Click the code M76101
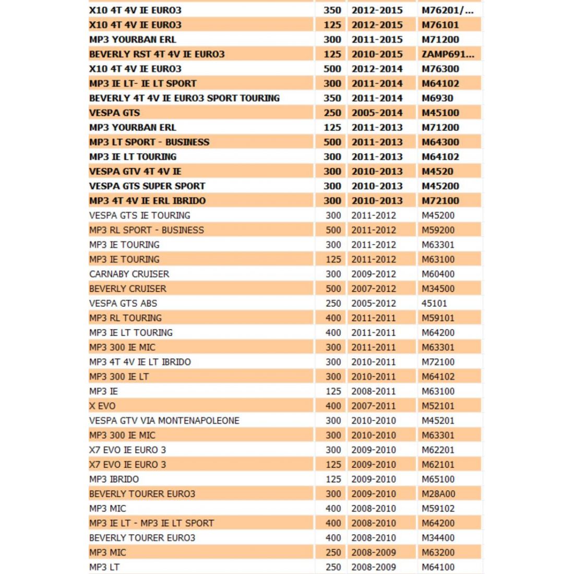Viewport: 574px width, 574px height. [440, 25]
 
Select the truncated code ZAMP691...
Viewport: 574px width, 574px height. [444, 54]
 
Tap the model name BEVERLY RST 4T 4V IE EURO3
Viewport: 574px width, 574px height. [157, 54]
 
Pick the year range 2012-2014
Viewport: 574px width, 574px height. [377, 68]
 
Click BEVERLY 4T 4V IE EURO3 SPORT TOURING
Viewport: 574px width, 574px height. [184, 98]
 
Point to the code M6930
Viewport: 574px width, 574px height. [437, 98]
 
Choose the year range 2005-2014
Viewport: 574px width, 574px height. [377, 112]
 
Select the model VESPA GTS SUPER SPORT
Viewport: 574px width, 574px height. [147, 186]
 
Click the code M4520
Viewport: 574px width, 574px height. [437, 171]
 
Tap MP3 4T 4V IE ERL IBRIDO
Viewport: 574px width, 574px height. [147, 200]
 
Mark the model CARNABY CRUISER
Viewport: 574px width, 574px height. [129, 274]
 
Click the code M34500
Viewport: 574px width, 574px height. [438, 289]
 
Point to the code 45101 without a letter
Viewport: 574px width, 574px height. [434, 303]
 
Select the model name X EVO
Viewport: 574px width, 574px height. [102, 405]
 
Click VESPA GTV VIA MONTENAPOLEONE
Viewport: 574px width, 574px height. [164, 421]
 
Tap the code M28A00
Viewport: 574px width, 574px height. [438, 494]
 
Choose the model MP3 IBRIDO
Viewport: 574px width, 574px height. [114, 479]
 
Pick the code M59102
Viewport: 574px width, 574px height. [438, 508]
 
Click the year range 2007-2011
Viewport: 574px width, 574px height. [374, 405]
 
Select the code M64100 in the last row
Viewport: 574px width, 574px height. [438, 567]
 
